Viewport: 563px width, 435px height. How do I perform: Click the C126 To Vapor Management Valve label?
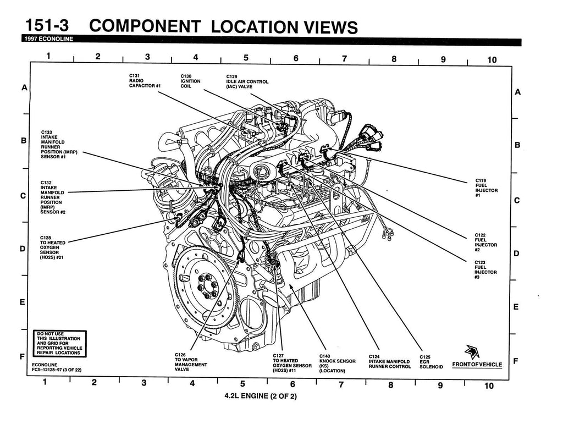click(x=191, y=362)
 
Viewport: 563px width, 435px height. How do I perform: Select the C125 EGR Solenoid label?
click(x=431, y=361)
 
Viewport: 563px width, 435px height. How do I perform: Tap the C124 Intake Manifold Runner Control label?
click(x=389, y=361)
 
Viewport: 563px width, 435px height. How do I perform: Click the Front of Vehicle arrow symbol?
click(x=471, y=351)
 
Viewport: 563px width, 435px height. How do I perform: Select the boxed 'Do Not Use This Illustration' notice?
click(x=58, y=343)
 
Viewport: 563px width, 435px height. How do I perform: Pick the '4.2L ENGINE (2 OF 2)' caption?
click(x=260, y=396)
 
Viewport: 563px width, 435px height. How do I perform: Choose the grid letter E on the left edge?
click(x=23, y=302)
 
